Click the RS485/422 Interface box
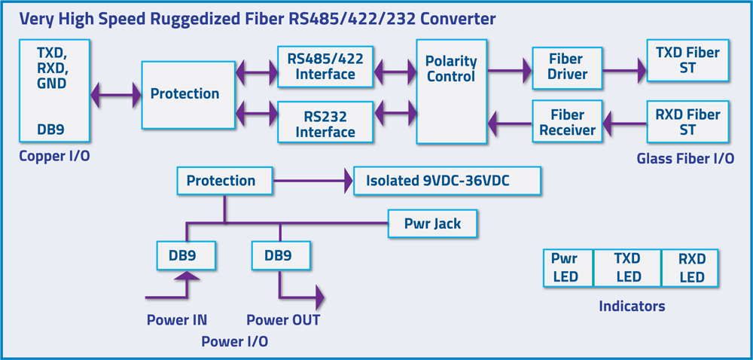click(325, 66)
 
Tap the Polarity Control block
click(450, 91)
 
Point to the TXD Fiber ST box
click(687, 60)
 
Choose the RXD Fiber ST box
click(687, 122)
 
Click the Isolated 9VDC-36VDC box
click(447, 181)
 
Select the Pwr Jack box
click(433, 224)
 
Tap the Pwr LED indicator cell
click(568, 268)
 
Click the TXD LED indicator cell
click(627, 268)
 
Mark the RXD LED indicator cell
click(690, 268)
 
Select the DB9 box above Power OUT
click(280, 255)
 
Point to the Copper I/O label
click(53, 156)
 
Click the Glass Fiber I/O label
click(685, 159)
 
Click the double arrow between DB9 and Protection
click(115, 95)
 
